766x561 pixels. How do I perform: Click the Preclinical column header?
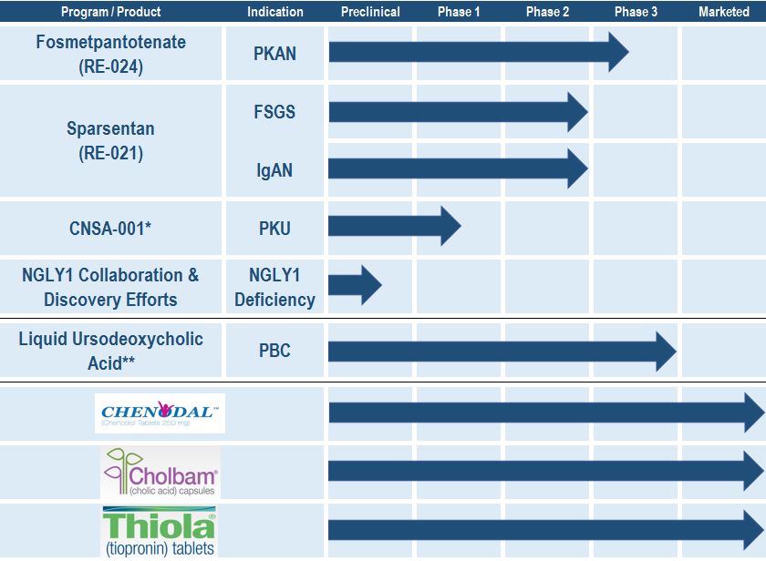pos(370,12)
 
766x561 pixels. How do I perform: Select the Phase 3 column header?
pos(636,12)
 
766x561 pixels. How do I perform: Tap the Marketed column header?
pos(723,12)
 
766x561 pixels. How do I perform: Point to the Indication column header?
pos(275,12)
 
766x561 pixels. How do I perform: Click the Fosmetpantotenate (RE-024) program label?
pos(111,54)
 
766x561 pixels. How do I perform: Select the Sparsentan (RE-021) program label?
pos(111,140)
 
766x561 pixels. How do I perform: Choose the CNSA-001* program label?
pos(110,229)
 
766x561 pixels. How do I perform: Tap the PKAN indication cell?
pos(274,54)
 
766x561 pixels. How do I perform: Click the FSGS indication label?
pos(274,112)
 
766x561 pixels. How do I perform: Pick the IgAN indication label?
pos(274,170)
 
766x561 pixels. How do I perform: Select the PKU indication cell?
pos(274,229)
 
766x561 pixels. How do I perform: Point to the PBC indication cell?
pos(274,351)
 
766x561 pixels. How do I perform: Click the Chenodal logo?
pos(160,413)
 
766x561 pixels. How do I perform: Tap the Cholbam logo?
pos(160,473)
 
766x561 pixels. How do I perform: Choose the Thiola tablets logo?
pos(160,532)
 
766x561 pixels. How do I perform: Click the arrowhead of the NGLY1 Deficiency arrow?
pos(371,285)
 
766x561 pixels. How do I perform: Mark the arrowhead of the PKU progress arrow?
pos(450,226)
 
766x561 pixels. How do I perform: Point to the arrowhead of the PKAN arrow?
pos(618,52)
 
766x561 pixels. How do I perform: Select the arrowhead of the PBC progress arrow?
pos(667,352)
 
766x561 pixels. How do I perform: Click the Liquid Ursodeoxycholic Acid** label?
pos(111,351)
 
